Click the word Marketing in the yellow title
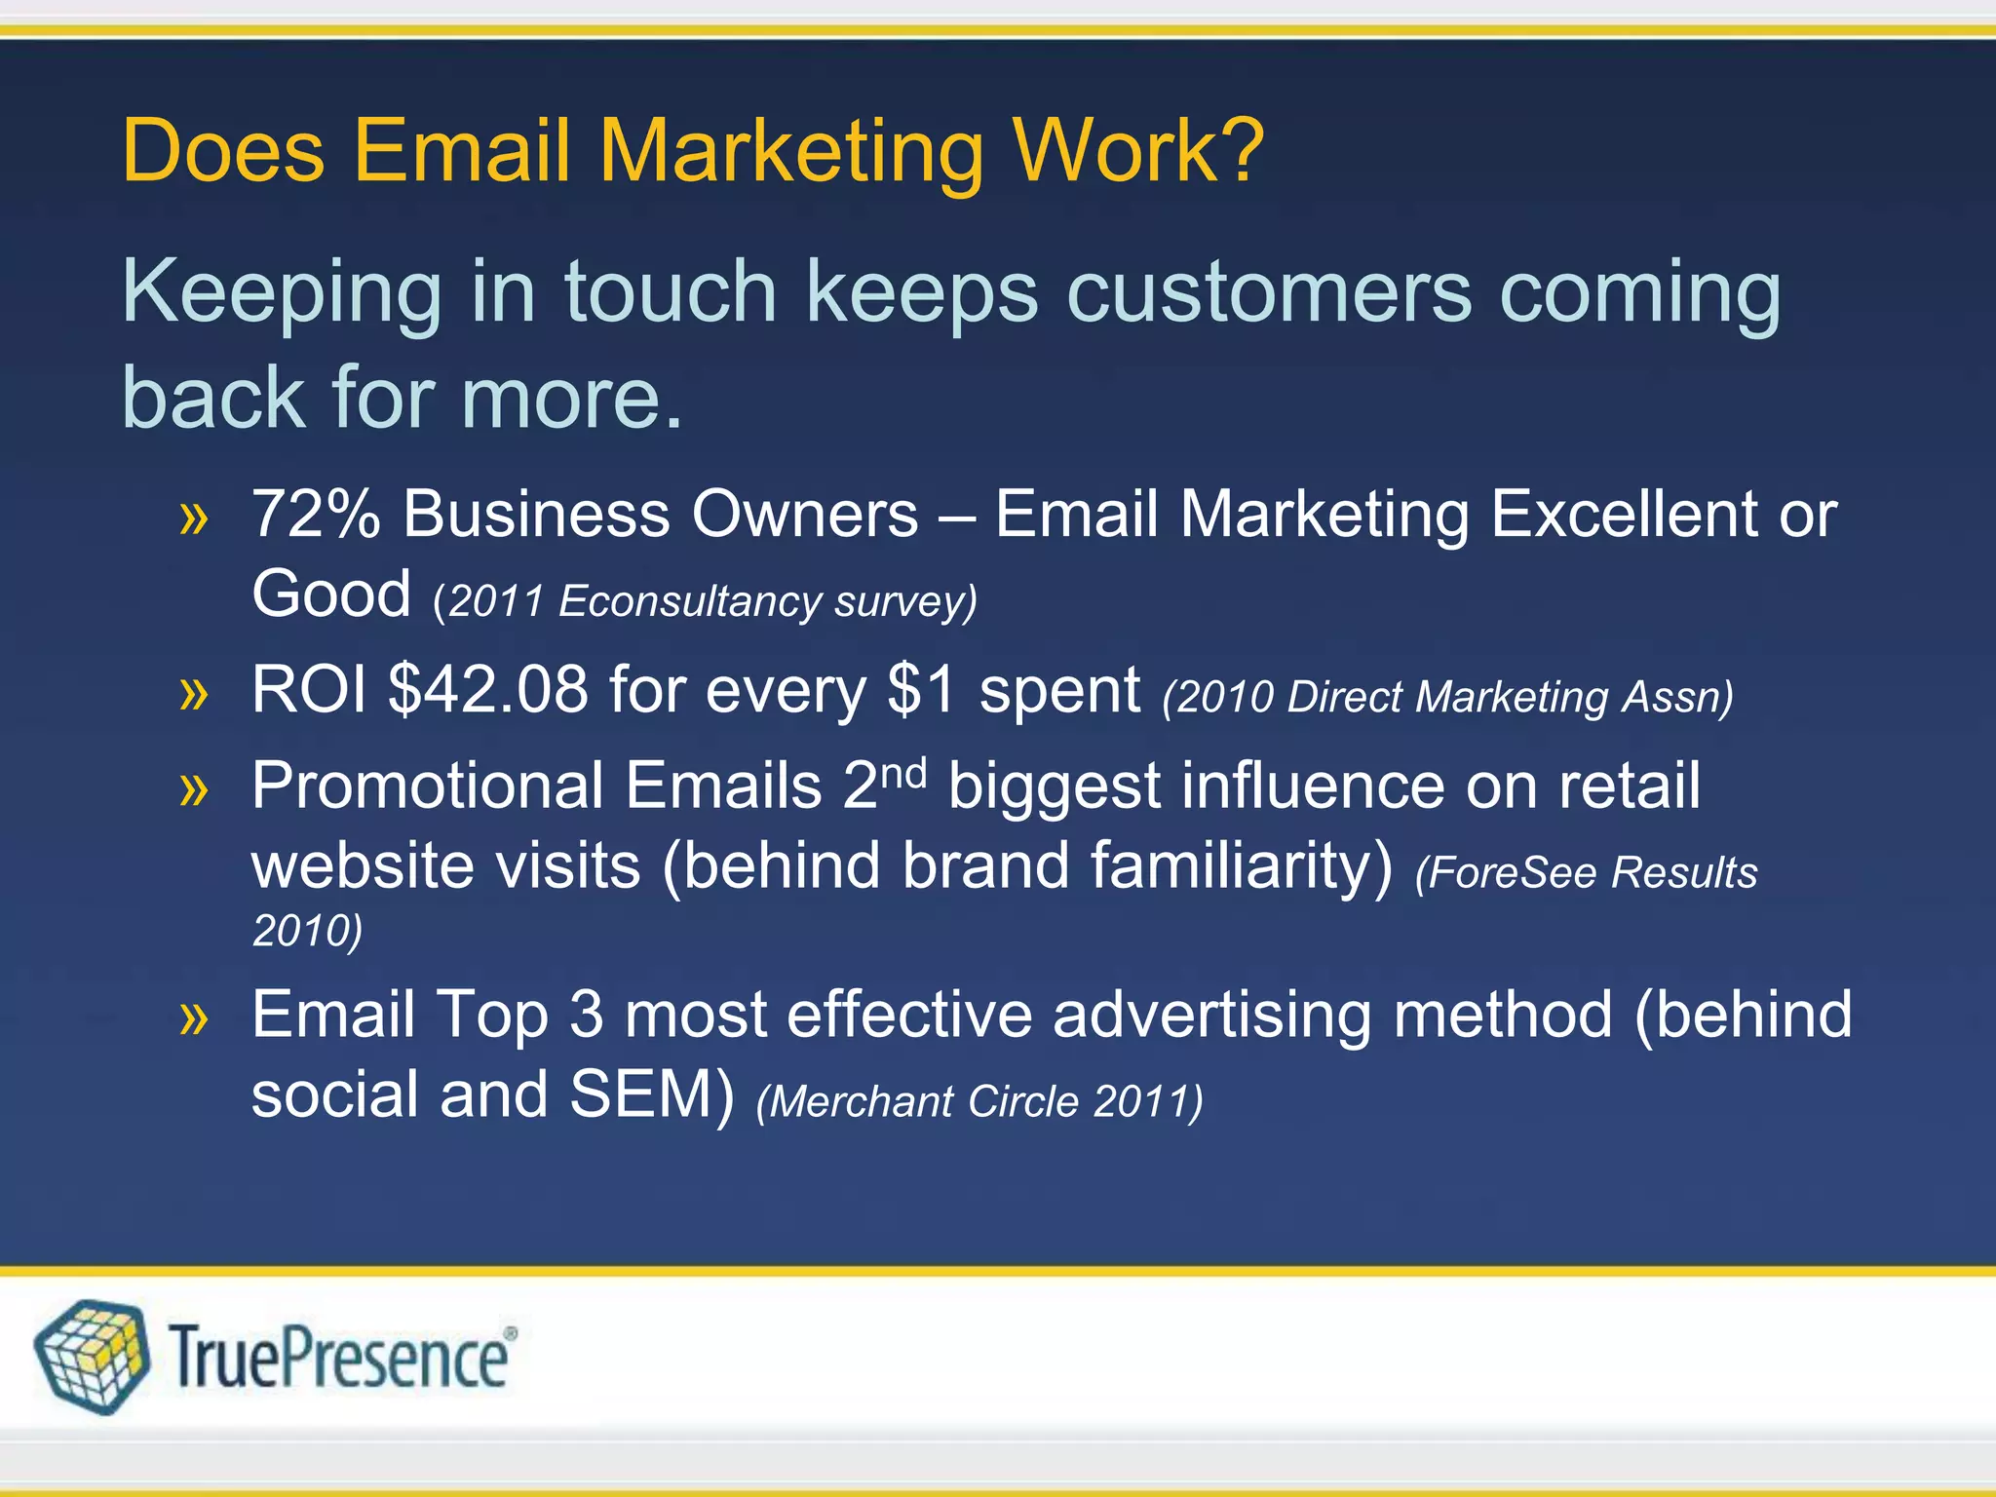coord(790,154)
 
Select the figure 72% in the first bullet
coord(315,515)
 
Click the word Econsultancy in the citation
coord(689,601)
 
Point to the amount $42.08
coord(488,690)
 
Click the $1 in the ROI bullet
coord(922,690)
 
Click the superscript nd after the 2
coord(903,772)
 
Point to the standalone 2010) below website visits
coord(307,931)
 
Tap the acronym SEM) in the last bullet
coord(651,1094)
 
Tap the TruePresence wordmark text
coord(338,1359)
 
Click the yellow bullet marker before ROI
coord(194,694)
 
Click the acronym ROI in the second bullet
coord(309,690)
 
